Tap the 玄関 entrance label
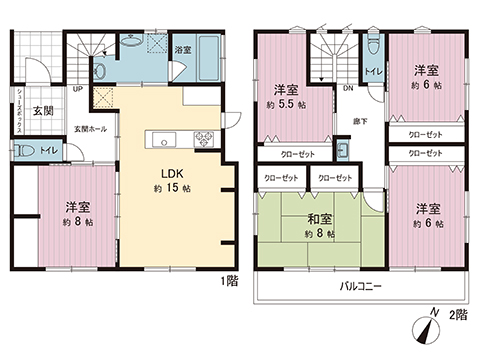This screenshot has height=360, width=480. point(41,111)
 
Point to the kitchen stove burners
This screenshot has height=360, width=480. point(205,136)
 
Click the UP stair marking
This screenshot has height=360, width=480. point(77,89)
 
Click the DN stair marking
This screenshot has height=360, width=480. point(347,88)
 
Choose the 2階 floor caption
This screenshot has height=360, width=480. point(459,315)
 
